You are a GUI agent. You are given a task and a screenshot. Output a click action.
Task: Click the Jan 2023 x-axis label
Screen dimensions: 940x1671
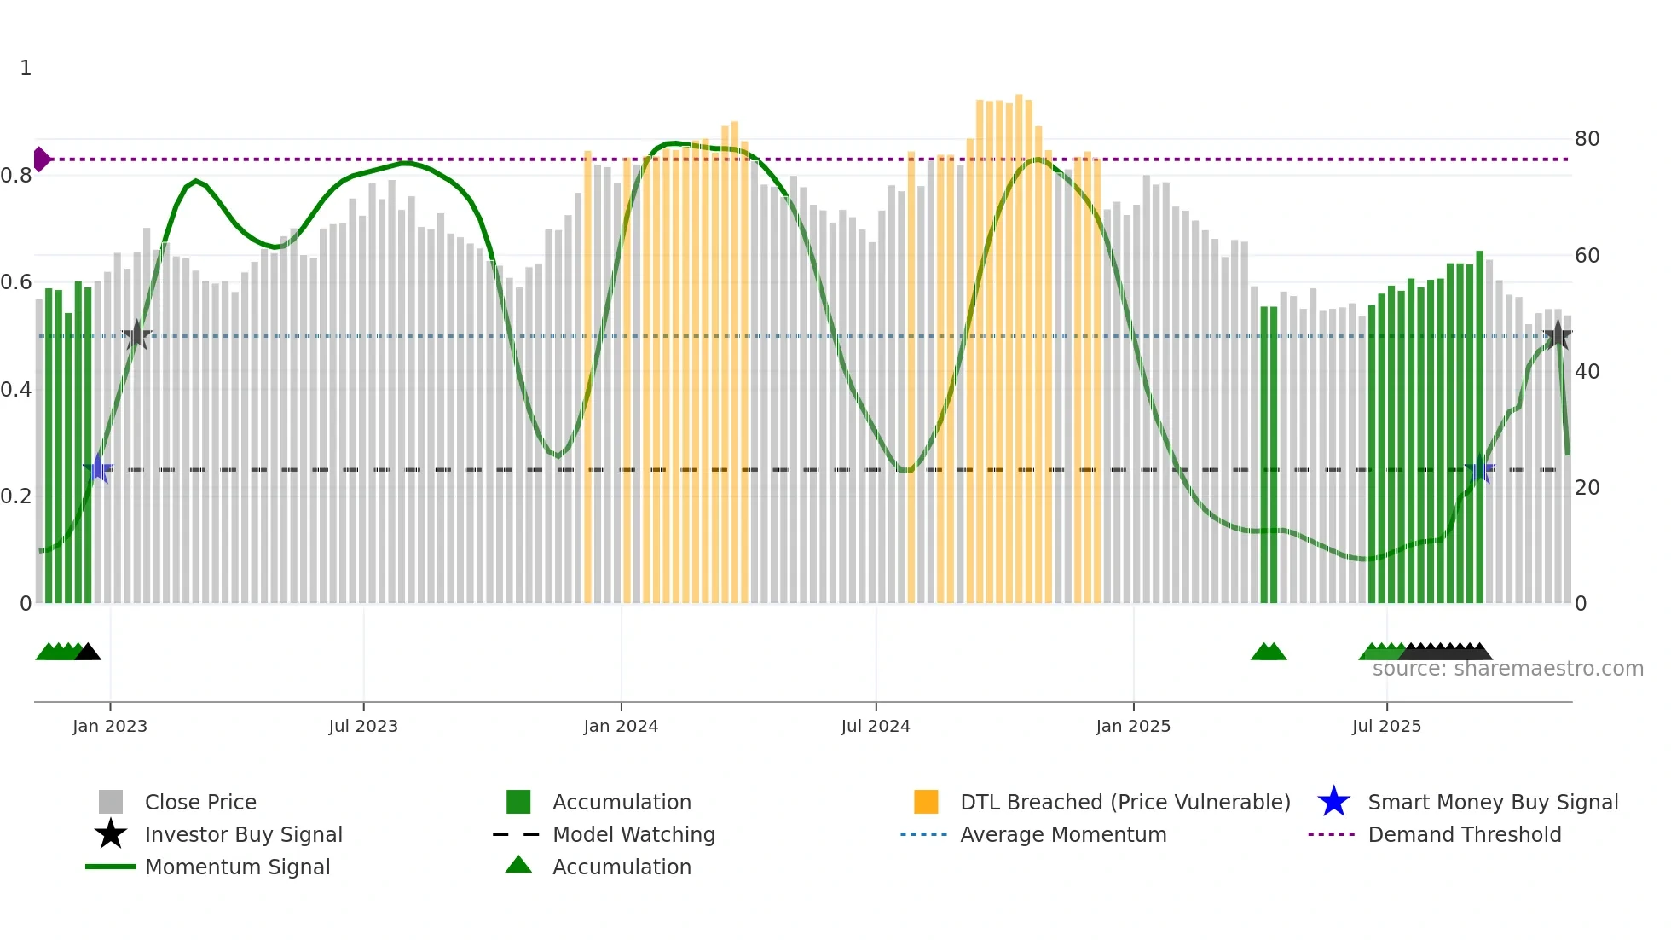pos(110,726)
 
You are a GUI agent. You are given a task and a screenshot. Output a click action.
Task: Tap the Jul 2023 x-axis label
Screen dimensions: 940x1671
pos(363,726)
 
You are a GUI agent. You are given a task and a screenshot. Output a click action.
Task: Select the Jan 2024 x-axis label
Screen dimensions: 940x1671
pos(621,726)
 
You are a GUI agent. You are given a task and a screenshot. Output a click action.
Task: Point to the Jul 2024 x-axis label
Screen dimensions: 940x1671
pos(876,726)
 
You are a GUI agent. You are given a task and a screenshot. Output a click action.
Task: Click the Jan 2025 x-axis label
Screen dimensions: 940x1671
pos(1133,726)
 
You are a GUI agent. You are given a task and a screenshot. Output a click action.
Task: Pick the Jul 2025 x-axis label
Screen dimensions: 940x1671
pos(1386,726)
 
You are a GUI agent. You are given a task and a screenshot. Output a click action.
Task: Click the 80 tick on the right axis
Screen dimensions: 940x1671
pos(1587,139)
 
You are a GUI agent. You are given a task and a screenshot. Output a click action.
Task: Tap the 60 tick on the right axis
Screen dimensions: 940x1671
pos(1587,255)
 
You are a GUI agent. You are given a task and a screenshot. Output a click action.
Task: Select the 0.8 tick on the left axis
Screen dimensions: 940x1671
pos(17,176)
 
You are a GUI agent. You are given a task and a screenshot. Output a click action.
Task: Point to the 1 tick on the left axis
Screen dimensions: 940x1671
pos(26,68)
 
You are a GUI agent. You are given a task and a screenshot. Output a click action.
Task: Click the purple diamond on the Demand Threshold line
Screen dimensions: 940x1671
pos(42,160)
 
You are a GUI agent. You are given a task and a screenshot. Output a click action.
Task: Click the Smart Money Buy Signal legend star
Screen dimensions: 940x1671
pos(1333,802)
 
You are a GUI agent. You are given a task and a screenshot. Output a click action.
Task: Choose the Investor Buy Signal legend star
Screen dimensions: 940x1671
pos(111,834)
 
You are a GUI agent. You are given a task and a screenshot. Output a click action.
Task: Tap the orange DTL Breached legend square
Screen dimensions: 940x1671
pos(926,802)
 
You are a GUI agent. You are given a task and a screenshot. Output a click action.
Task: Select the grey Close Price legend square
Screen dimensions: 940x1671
pos(111,802)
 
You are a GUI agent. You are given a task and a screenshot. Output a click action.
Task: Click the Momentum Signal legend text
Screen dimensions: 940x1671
pos(237,867)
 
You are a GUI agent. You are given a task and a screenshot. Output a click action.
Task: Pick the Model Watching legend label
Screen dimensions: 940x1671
pos(633,834)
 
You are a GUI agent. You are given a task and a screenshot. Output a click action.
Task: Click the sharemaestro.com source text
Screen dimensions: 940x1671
pos(1507,669)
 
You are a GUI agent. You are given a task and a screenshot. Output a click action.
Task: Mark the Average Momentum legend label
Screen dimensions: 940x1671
pos(1063,834)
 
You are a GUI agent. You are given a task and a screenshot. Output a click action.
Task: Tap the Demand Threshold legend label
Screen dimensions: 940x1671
pos(1464,834)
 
